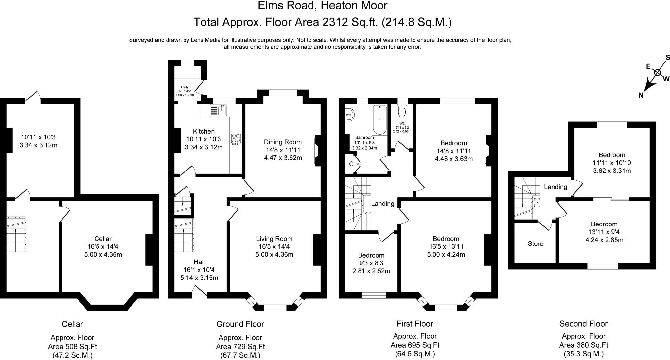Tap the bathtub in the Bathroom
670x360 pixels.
(379, 120)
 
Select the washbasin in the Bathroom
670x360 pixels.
(349, 115)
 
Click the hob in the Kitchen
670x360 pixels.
(236, 139)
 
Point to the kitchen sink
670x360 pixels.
(218, 110)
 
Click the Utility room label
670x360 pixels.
(185, 87)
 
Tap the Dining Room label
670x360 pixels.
(283, 142)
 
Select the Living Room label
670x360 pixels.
(274, 239)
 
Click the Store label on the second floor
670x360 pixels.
(536, 244)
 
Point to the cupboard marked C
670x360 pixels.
(351, 164)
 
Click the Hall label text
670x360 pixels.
(199, 262)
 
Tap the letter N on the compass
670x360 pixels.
(641, 95)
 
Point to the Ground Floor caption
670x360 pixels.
(240, 324)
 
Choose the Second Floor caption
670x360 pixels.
(583, 324)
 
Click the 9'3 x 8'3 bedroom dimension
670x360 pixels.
(371, 263)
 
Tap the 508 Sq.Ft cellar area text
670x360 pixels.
(72, 347)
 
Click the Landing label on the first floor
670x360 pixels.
(382, 204)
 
